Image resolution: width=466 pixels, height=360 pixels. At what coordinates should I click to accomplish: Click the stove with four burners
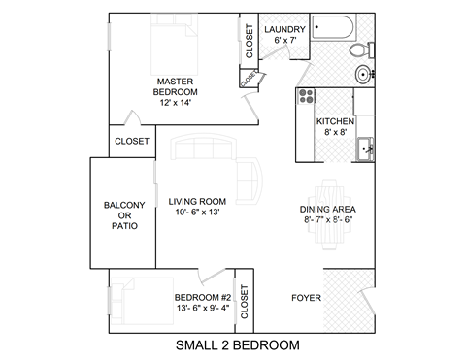point(307,96)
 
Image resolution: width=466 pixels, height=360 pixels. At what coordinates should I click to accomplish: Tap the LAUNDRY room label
point(284,30)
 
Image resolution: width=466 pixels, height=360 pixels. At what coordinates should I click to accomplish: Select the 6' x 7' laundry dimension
point(284,42)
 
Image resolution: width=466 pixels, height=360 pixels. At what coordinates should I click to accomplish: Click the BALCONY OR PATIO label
point(124,214)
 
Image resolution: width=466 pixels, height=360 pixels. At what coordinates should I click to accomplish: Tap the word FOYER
point(307,298)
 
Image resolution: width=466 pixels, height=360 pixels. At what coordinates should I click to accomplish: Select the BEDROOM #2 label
point(202,297)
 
